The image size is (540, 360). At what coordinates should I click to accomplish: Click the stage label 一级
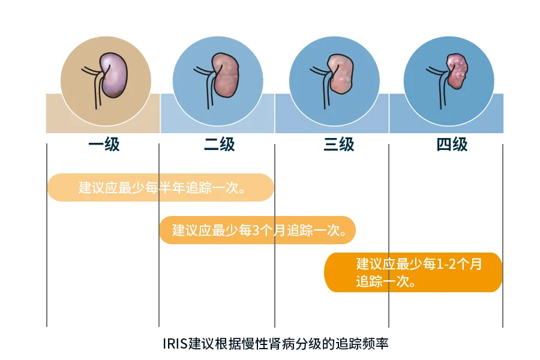(104, 145)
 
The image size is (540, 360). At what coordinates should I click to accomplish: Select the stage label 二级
(220, 145)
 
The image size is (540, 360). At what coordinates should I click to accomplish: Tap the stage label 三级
(339, 145)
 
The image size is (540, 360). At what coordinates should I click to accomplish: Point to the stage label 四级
(452, 145)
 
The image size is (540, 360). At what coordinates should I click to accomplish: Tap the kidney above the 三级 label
(341, 73)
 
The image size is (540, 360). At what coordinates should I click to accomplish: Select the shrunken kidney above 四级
(457, 71)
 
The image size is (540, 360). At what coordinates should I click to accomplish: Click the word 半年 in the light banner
(172, 188)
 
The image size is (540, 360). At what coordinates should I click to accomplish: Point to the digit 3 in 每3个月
(256, 230)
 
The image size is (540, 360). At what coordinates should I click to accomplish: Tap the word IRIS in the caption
(175, 343)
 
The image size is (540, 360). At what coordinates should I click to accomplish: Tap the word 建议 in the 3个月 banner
(185, 230)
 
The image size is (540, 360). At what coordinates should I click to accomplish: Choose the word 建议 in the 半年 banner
(91, 188)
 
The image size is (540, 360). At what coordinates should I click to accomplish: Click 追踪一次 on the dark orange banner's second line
(382, 281)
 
